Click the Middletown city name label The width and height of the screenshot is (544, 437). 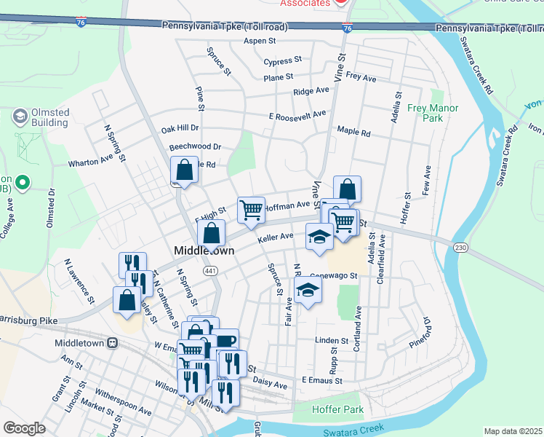pyautogui.click(x=204, y=251)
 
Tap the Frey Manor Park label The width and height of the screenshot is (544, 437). pyautogui.click(x=435, y=112)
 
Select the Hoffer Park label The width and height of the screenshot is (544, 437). pyautogui.click(x=337, y=409)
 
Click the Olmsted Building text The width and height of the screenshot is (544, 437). pyautogui.click(x=50, y=117)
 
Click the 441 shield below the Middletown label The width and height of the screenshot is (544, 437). pyautogui.click(x=210, y=270)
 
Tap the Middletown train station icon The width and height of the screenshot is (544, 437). pyautogui.click(x=113, y=342)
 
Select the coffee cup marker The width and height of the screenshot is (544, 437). pyautogui.click(x=225, y=341)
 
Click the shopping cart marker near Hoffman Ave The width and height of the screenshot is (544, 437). pyautogui.click(x=251, y=210)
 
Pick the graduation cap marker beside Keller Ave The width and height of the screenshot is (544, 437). pyautogui.click(x=318, y=237)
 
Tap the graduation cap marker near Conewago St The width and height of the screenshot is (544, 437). pyautogui.click(x=308, y=291)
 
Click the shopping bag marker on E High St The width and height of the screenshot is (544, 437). pyautogui.click(x=211, y=235)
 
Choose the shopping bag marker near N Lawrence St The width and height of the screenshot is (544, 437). pyautogui.click(x=127, y=300)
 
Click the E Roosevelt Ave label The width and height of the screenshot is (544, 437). pyautogui.click(x=297, y=115)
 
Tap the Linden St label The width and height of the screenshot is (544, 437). pyautogui.click(x=332, y=340)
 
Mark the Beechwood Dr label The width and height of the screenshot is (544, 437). pyautogui.click(x=195, y=146)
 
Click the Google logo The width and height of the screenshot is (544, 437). pyautogui.click(x=24, y=428)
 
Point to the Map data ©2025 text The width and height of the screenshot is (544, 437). pyautogui.click(x=513, y=431)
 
